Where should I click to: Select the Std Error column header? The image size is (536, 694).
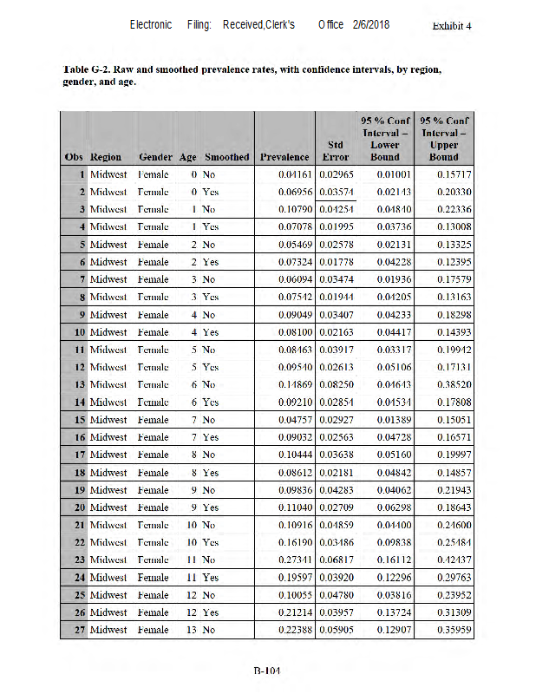pos(336,150)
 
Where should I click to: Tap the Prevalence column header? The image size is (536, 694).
pos(284,157)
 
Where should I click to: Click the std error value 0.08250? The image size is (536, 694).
pos(335,384)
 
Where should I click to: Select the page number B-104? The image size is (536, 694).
pos(267,670)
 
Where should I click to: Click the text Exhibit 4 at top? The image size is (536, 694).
pos(451,25)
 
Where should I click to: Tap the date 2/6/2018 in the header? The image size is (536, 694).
pos(370,24)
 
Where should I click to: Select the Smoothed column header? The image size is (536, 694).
pos(226,157)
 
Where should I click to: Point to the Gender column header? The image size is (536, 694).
pos(155,157)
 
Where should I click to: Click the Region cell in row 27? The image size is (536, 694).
pos(108,630)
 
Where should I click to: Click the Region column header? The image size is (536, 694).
pos(106,157)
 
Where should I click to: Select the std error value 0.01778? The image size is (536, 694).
pos(335,262)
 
